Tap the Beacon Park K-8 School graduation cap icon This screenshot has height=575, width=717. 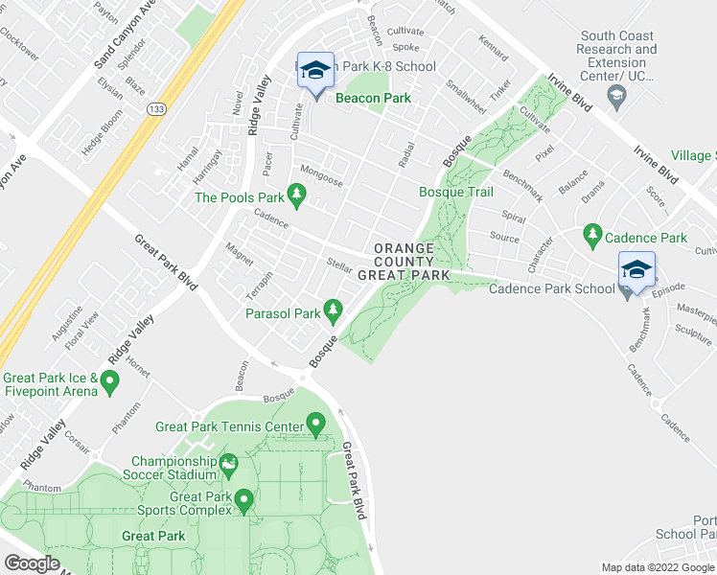pos(315,70)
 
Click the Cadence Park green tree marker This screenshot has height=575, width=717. pos(592,235)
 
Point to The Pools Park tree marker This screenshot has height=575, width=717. pos(297,197)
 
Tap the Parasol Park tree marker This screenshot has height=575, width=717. pos(333,310)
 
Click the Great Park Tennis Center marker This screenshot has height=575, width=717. pos(316,424)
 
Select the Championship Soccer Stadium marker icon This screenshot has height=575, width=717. pos(229,466)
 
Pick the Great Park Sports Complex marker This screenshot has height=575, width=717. pos(243,499)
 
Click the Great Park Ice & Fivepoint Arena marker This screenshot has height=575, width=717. pos(110,384)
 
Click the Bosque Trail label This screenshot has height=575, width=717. pos(456,192)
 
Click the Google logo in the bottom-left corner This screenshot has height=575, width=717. pos(32,563)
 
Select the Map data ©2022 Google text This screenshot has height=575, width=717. pos(658,567)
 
